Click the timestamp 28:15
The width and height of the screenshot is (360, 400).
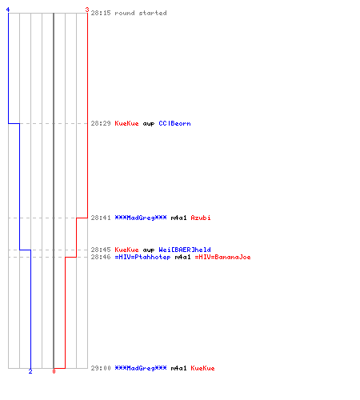coord(101,13)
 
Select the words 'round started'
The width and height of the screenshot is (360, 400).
coord(141,13)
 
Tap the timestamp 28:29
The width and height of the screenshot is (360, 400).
coord(101,123)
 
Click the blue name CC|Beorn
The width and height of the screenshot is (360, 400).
coord(174,123)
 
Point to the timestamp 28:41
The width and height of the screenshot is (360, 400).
coord(101,218)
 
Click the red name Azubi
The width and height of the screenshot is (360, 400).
coord(201,218)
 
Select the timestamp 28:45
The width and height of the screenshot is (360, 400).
coord(101,250)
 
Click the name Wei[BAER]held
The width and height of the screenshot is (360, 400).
coord(185,250)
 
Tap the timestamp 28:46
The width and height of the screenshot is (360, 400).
coord(101,257)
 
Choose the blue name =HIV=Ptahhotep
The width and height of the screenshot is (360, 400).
coord(142,257)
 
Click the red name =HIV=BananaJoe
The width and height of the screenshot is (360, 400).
coord(223,257)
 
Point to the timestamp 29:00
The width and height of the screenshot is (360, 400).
coord(101,368)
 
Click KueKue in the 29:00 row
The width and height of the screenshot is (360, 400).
coord(202,368)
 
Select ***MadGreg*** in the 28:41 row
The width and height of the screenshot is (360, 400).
coord(141,218)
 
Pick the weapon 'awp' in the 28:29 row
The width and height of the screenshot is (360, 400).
coord(149,124)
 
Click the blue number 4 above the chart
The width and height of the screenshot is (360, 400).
coord(8,10)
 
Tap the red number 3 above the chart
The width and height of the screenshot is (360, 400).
coord(87,10)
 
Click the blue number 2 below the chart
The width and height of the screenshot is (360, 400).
coord(30,371)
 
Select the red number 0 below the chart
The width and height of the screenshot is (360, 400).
coord(54,371)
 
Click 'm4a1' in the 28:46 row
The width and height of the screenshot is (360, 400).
coord(183,257)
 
